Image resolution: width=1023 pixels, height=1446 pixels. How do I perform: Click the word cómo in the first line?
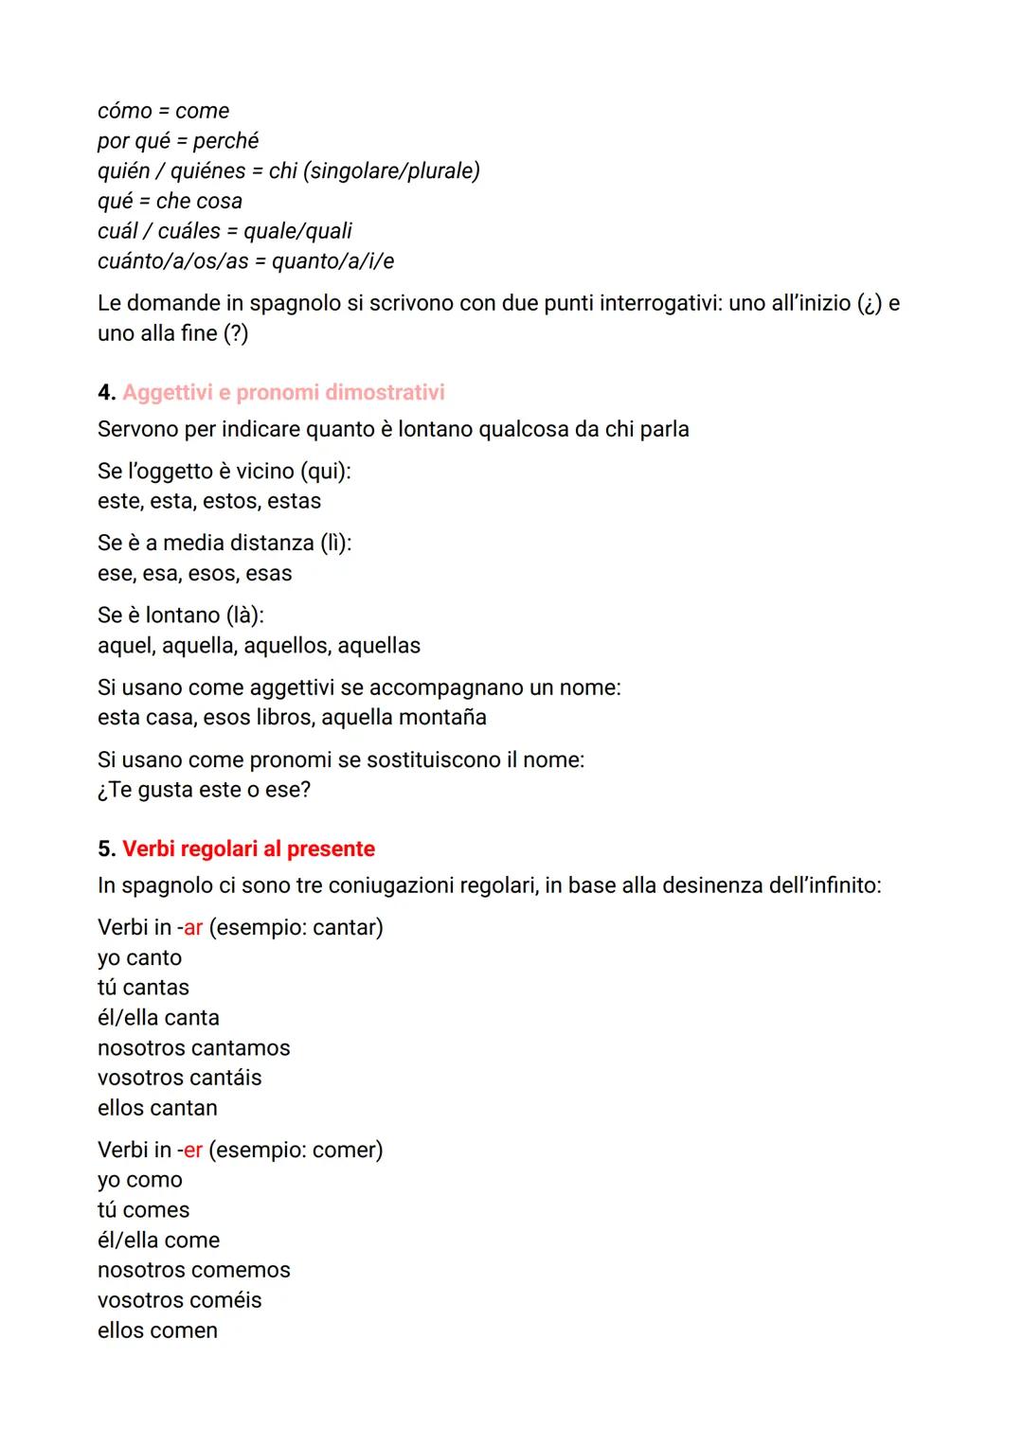click(x=124, y=111)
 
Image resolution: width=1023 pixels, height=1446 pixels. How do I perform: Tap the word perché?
click(x=225, y=141)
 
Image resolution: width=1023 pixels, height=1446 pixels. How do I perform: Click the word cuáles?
click(x=188, y=231)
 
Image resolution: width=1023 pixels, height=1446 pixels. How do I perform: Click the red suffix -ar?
click(x=190, y=927)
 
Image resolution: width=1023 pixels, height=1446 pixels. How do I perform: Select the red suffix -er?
click(x=190, y=1150)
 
